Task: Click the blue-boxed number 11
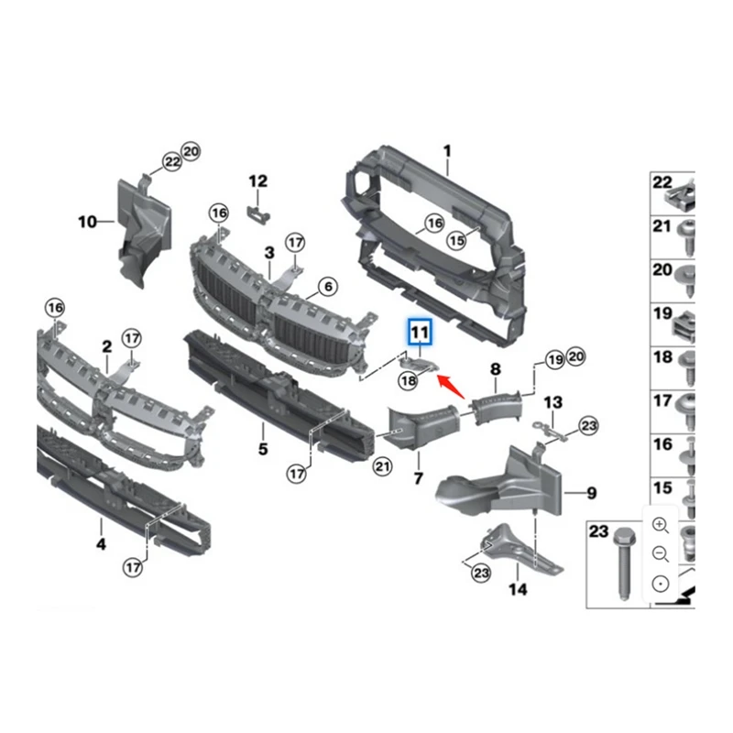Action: [420, 330]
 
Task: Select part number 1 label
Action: [448, 149]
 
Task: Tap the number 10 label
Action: [87, 221]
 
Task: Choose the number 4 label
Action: [101, 544]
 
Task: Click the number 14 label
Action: [518, 589]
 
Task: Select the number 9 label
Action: [591, 493]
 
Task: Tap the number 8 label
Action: [496, 369]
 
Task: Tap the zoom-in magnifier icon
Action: [661, 524]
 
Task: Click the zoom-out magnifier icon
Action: [661, 553]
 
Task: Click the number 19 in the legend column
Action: [662, 314]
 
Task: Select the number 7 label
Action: [418, 478]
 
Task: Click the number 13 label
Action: [553, 402]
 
